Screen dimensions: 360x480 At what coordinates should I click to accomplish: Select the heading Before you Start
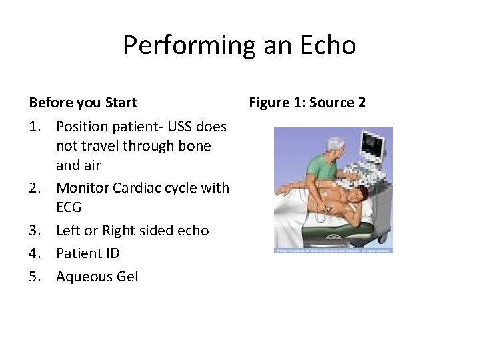tap(83, 103)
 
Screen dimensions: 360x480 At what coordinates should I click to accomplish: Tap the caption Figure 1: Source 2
tap(307, 103)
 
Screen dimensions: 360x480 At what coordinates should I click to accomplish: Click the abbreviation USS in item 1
tap(181, 126)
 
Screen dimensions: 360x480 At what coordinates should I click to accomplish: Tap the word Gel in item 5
tap(127, 276)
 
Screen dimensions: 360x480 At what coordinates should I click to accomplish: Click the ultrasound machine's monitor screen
tap(373, 143)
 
